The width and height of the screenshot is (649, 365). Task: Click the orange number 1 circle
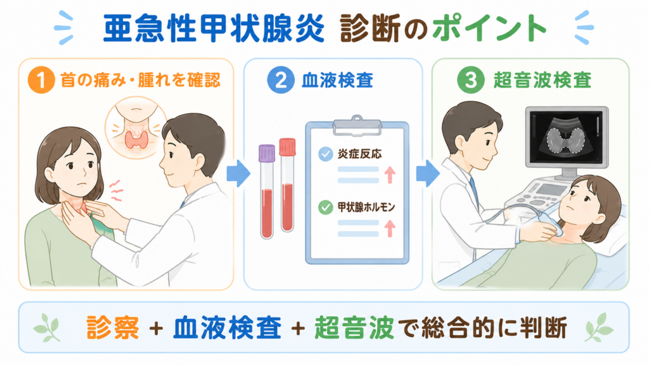click(x=41, y=80)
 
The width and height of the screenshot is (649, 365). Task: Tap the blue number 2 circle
click(x=281, y=80)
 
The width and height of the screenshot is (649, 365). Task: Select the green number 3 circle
click(x=471, y=80)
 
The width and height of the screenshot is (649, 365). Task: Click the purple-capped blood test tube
click(x=267, y=191)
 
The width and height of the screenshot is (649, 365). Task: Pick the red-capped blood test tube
click(x=287, y=185)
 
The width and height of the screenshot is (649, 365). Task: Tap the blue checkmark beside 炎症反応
click(x=325, y=155)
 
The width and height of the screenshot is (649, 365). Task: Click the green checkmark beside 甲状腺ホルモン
click(x=325, y=207)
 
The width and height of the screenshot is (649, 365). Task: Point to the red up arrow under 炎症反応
click(x=390, y=175)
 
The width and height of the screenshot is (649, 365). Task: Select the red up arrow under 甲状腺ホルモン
click(x=390, y=228)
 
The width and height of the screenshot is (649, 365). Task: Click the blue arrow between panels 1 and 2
click(x=238, y=173)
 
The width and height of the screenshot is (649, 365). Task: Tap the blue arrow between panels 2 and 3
click(x=428, y=173)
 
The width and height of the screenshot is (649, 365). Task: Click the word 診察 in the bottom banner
click(x=113, y=328)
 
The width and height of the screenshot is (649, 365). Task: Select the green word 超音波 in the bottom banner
click(x=354, y=328)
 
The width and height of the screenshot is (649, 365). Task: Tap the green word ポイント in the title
click(x=489, y=28)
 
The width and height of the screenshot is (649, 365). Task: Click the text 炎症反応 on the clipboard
click(x=359, y=154)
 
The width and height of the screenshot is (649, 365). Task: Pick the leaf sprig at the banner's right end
click(x=598, y=327)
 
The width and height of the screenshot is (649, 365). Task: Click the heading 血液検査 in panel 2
click(x=337, y=80)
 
